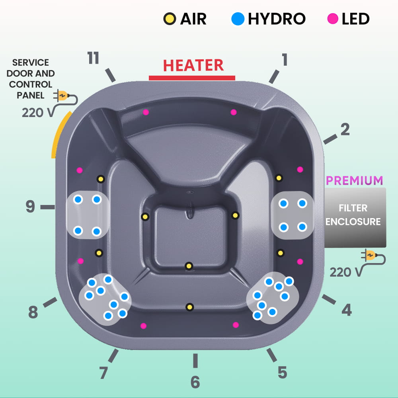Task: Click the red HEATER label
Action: point(193,65)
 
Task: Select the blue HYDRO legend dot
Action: point(238,19)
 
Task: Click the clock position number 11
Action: point(93,59)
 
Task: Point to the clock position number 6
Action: point(195,382)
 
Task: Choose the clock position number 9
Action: point(31,207)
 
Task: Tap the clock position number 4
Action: point(347,310)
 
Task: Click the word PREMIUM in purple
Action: point(354,180)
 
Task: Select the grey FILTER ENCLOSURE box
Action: point(355,217)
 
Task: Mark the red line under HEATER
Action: point(192,78)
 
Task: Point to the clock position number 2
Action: point(345,129)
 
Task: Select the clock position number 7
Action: point(103,373)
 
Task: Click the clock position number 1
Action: point(284,60)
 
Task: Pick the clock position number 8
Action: point(33,312)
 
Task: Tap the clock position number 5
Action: point(282,373)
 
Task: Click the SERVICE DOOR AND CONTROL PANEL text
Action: point(31,79)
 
